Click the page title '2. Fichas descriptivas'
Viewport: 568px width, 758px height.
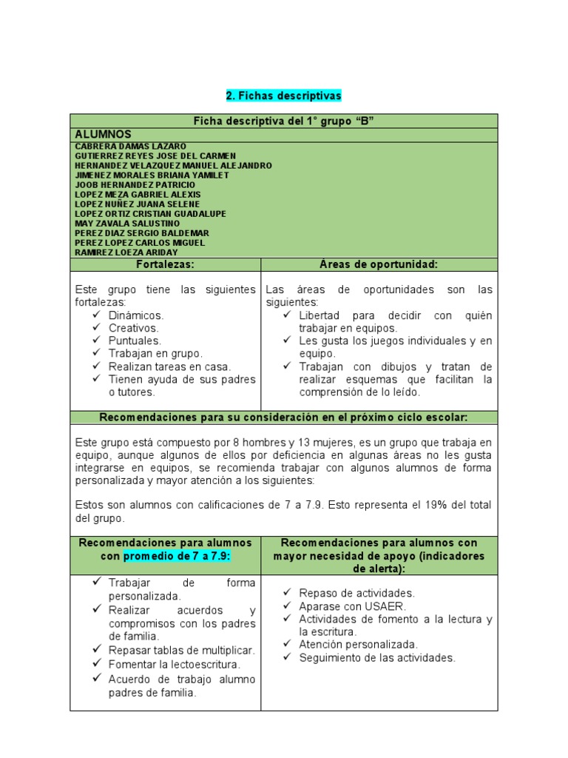pos(284,96)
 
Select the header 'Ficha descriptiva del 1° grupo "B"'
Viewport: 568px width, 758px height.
pos(284,121)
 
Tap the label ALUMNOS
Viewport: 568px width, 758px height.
pos(103,134)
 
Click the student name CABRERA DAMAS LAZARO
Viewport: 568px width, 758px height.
pos(130,147)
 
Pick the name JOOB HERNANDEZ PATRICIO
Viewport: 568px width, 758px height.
pos(135,185)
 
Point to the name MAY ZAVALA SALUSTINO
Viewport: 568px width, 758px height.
pos(127,224)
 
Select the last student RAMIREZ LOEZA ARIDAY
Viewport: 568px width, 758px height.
pos(126,252)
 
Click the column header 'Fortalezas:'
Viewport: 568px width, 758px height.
pos(166,264)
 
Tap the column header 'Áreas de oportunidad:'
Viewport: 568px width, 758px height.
pos(379,264)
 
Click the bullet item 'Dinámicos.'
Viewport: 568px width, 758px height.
pos(136,315)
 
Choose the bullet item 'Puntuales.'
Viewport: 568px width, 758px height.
pos(135,341)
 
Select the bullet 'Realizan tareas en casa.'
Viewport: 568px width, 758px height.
pos(169,366)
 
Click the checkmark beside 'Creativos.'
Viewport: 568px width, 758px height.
pos(97,328)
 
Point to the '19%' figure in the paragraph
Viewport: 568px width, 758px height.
pos(437,505)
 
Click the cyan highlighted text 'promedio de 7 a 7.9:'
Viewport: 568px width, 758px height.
pos(177,556)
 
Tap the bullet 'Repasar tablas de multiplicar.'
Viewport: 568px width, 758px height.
pos(181,650)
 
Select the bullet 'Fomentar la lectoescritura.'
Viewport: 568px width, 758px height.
pos(175,665)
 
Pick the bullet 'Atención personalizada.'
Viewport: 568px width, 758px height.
pos(358,644)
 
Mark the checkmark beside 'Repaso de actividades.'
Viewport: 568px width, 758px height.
pos(287,593)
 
